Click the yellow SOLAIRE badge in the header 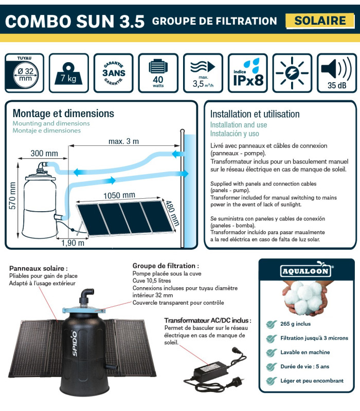tap(320, 21)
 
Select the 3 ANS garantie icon tap(114, 73)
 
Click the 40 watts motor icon tap(158, 73)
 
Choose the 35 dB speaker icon tap(337, 73)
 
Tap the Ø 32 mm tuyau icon tap(25, 73)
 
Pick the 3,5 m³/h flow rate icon tap(203, 73)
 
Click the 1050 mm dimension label tap(119, 195)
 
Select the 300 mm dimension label tap(44, 153)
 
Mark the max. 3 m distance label tap(123, 141)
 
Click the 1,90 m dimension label tap(73, 243)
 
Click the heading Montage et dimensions tap(63, 113)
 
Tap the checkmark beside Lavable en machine tap(270, 353)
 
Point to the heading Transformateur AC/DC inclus tap(207, 320)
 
